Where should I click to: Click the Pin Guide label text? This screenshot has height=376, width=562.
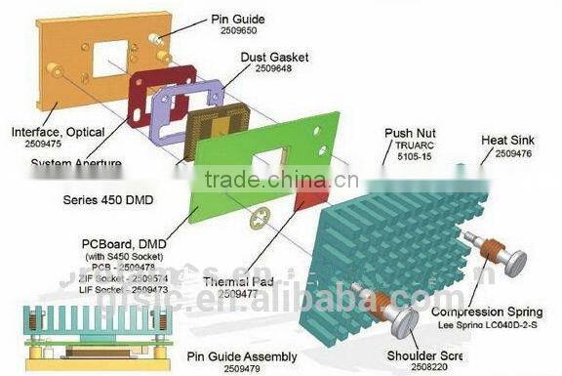pyautogui.click(x=237, y=20)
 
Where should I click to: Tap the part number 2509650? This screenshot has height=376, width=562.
pyautogui.click(x=236, y=32)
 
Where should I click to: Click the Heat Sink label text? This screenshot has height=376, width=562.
pyautogui.click(x=507, y=141)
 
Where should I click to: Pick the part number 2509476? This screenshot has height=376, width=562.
pyautogui.click(x=513, y=153)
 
